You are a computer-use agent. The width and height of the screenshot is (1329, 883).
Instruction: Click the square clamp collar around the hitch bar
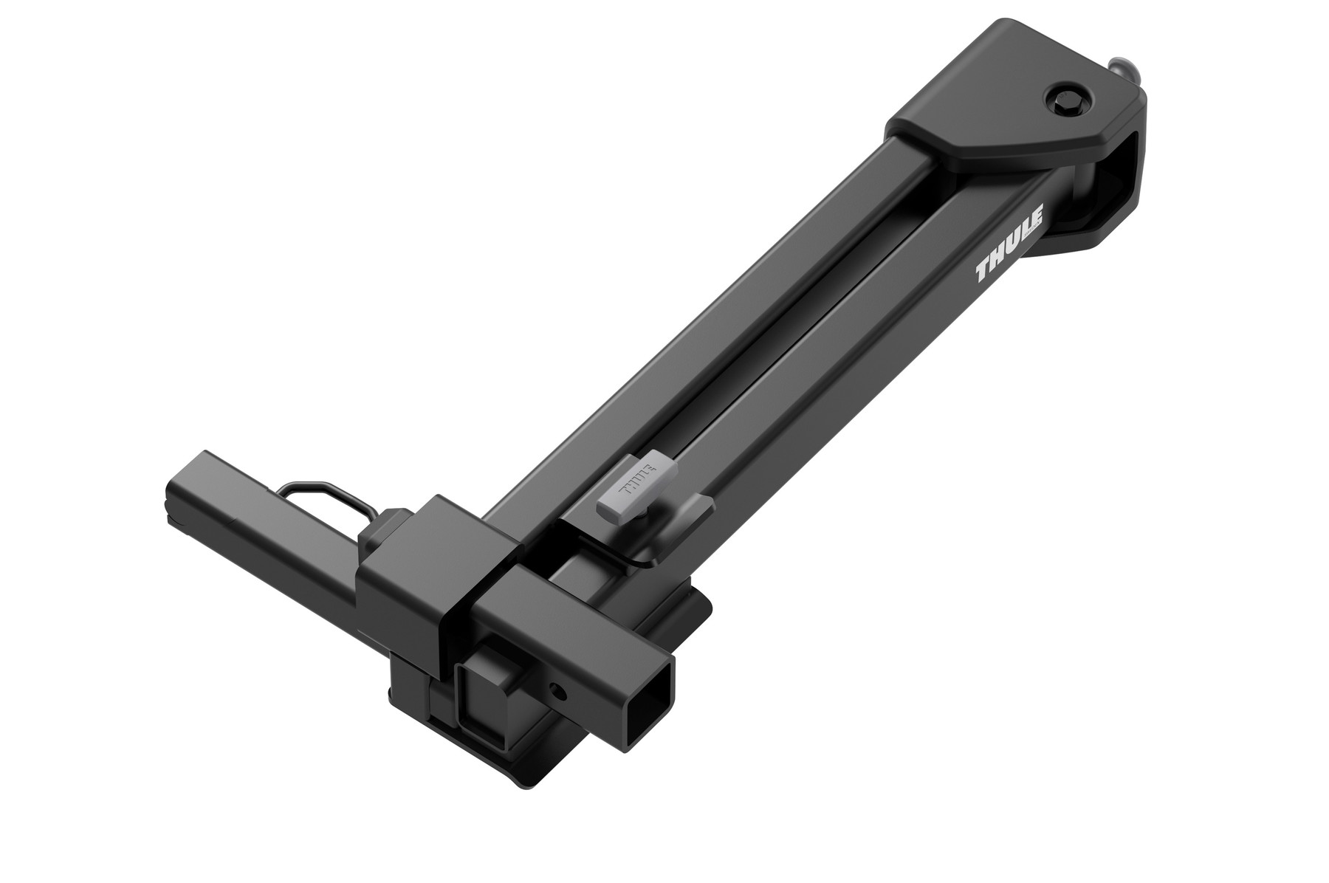pos(413,561)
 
